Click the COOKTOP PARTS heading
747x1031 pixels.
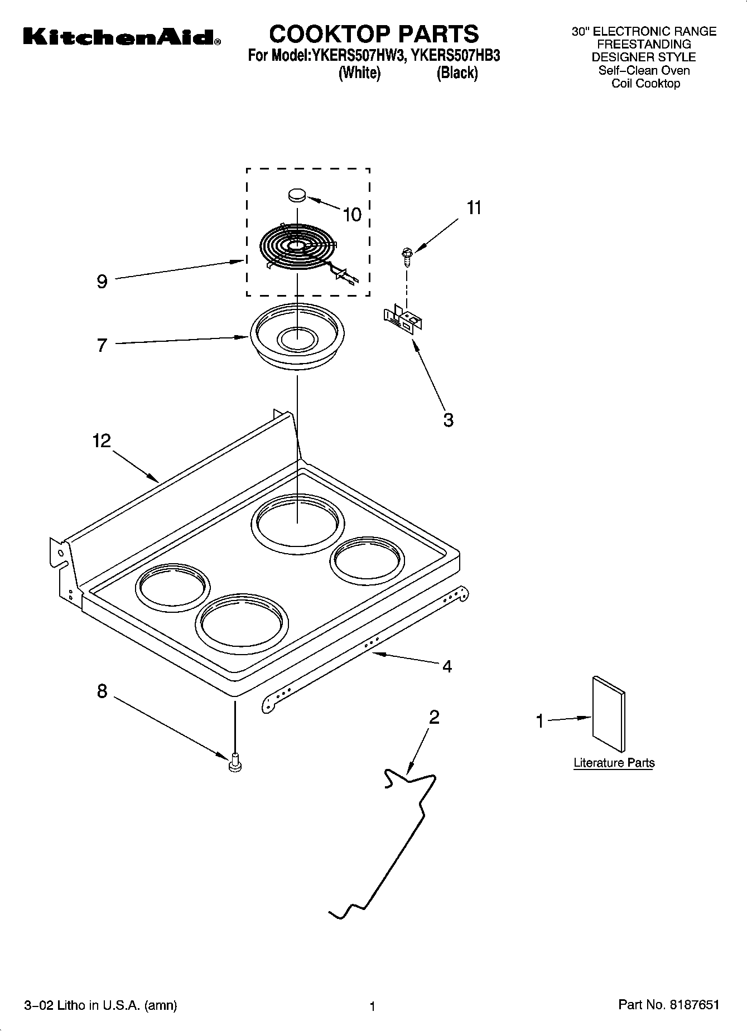pos(374,34)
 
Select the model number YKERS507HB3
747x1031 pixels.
pos(455,56)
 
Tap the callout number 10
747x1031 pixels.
pos(352,215)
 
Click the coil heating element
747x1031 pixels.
pos(298,247)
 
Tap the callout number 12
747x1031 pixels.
pos(102,441)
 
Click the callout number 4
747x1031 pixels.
pos(447,666)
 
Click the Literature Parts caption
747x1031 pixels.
pos(614,763)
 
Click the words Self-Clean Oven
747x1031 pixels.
pos(644,70)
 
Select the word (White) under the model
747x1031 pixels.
pos(359,73)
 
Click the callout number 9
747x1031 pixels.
pos(102,282)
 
